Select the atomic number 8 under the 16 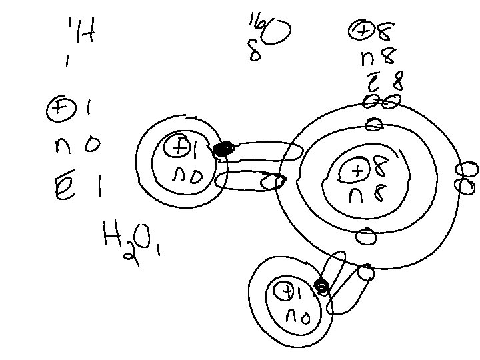[254, 53]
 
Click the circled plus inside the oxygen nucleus [357, 171]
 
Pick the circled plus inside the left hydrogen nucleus [179, 145]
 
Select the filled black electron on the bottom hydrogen [321, 288]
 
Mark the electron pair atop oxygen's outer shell [381, 102]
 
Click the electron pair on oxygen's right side [467, 177]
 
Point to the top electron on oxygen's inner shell [373, 124]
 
